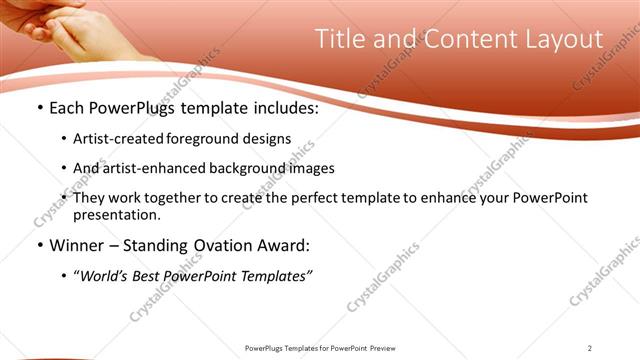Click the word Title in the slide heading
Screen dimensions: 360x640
[339, 39]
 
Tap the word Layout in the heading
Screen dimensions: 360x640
[563, 39]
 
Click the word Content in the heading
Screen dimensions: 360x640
[467, 39]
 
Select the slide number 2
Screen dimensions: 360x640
[590, 348]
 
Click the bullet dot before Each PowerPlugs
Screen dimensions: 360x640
[39, 108]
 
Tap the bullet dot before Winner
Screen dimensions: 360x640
[39, 244]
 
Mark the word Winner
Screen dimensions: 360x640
[77, 244]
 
